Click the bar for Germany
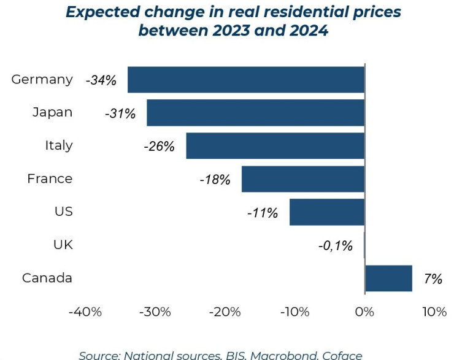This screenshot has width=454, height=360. tap(245, 80)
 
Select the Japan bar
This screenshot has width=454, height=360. tap(255, 113)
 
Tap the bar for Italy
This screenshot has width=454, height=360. tap(275, 146)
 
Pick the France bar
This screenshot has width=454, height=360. tap(303, 179)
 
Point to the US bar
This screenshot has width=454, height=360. tap(327, 212)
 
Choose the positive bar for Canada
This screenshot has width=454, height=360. tap(388, 278)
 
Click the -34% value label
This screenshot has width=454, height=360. tap(101, 80)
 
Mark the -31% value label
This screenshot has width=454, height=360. tap(120, 113)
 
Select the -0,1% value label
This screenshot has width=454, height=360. tap(336, 246)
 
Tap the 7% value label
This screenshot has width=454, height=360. tap(433, 279)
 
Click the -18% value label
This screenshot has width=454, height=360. tap(215, 180)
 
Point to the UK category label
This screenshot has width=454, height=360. tap(63, 245)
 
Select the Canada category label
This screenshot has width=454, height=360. tap(47, 278)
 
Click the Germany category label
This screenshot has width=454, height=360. tap(42, 79)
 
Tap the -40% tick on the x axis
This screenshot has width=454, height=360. tap(85, 312)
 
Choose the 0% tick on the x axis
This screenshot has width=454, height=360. tap(364, 312)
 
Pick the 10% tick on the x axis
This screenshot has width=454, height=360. tap(434, 312)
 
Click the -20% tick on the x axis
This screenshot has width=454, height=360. tap(225, 312)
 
